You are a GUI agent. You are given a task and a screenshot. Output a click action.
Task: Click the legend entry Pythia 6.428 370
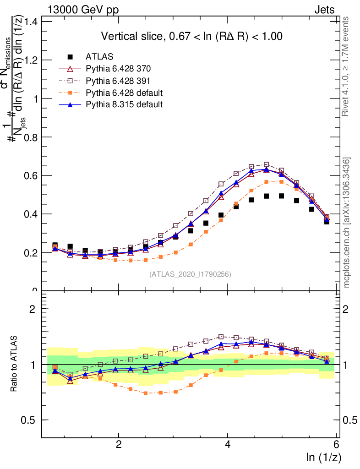[x=118, y=69]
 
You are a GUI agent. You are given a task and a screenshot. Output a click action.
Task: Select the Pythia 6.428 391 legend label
[x=118, y=81]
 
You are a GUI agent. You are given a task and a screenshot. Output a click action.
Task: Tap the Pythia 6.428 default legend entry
[x=124, y=93]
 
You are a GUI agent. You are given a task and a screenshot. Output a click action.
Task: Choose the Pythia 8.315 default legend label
[x=124, y=104]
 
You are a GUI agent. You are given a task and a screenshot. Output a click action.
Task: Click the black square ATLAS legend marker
[x=70, y=57]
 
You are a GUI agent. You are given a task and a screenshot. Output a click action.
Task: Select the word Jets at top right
[x=324, y=10]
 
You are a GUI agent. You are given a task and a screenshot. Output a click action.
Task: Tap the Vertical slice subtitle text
[x=191, y=37]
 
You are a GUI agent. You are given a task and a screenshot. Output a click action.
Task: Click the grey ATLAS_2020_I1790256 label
[x=190, y=274]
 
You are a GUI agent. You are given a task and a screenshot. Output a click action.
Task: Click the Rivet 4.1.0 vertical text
[x=347, y=67]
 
